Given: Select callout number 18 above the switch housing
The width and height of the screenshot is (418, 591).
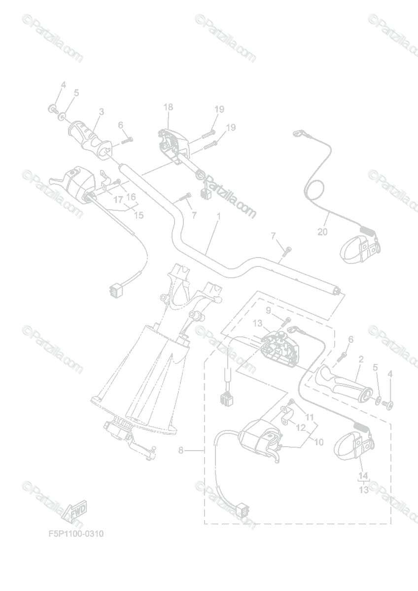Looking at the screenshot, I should coord(168,107).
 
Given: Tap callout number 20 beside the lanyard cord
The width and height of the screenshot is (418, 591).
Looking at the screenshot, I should coord(322,232).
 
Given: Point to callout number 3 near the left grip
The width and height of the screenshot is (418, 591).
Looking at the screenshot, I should coord(102,112).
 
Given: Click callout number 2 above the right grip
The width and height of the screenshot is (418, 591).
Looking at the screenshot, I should coord(361,360).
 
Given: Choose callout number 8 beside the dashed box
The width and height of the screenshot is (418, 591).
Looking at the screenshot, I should coord(181,450).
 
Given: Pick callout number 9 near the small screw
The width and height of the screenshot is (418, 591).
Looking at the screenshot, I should coord(268,310).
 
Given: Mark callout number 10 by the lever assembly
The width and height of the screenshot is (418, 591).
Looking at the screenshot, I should coord(318,442).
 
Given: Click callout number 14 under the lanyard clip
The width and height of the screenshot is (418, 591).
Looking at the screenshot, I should coord(363,476).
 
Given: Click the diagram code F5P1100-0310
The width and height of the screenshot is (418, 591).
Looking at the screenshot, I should coord(76,534).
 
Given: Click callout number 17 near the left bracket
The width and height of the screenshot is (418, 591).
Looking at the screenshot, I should coord(118,200).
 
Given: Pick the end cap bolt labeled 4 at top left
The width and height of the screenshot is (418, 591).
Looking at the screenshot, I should coord(52,108).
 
